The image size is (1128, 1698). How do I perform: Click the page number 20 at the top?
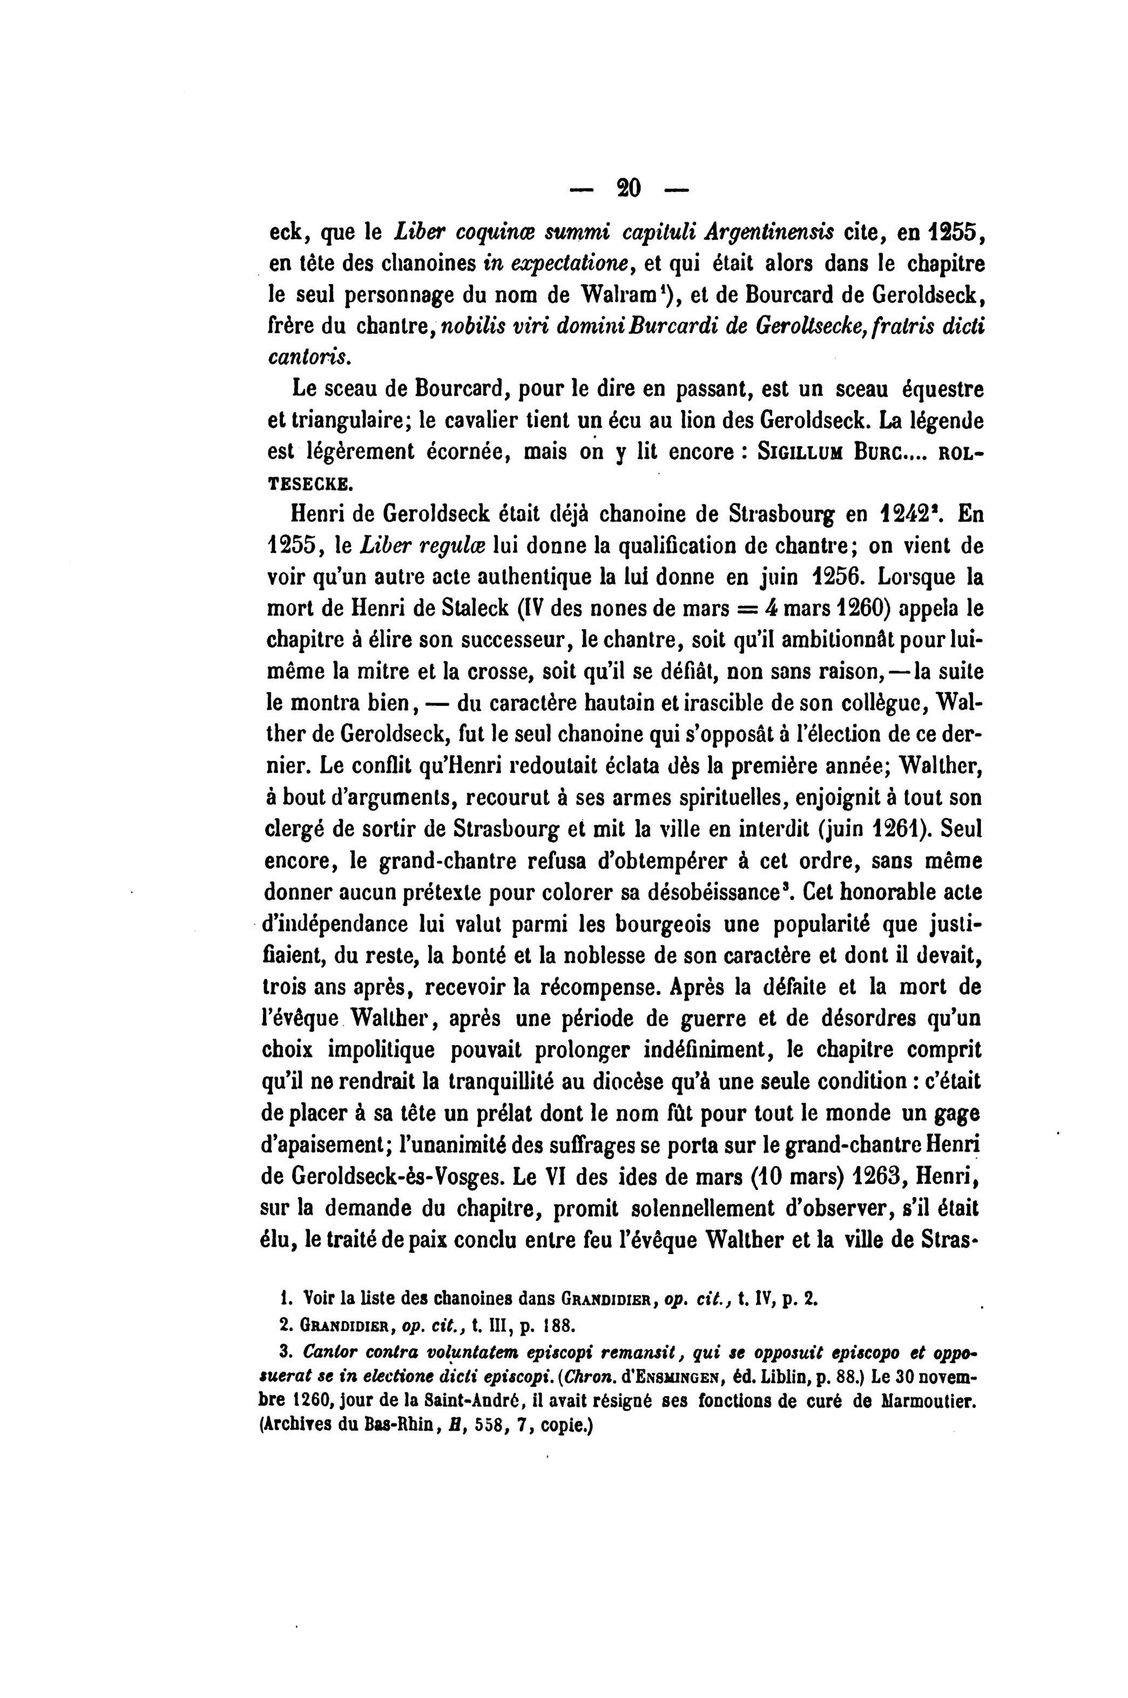click(x=629, y=188)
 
